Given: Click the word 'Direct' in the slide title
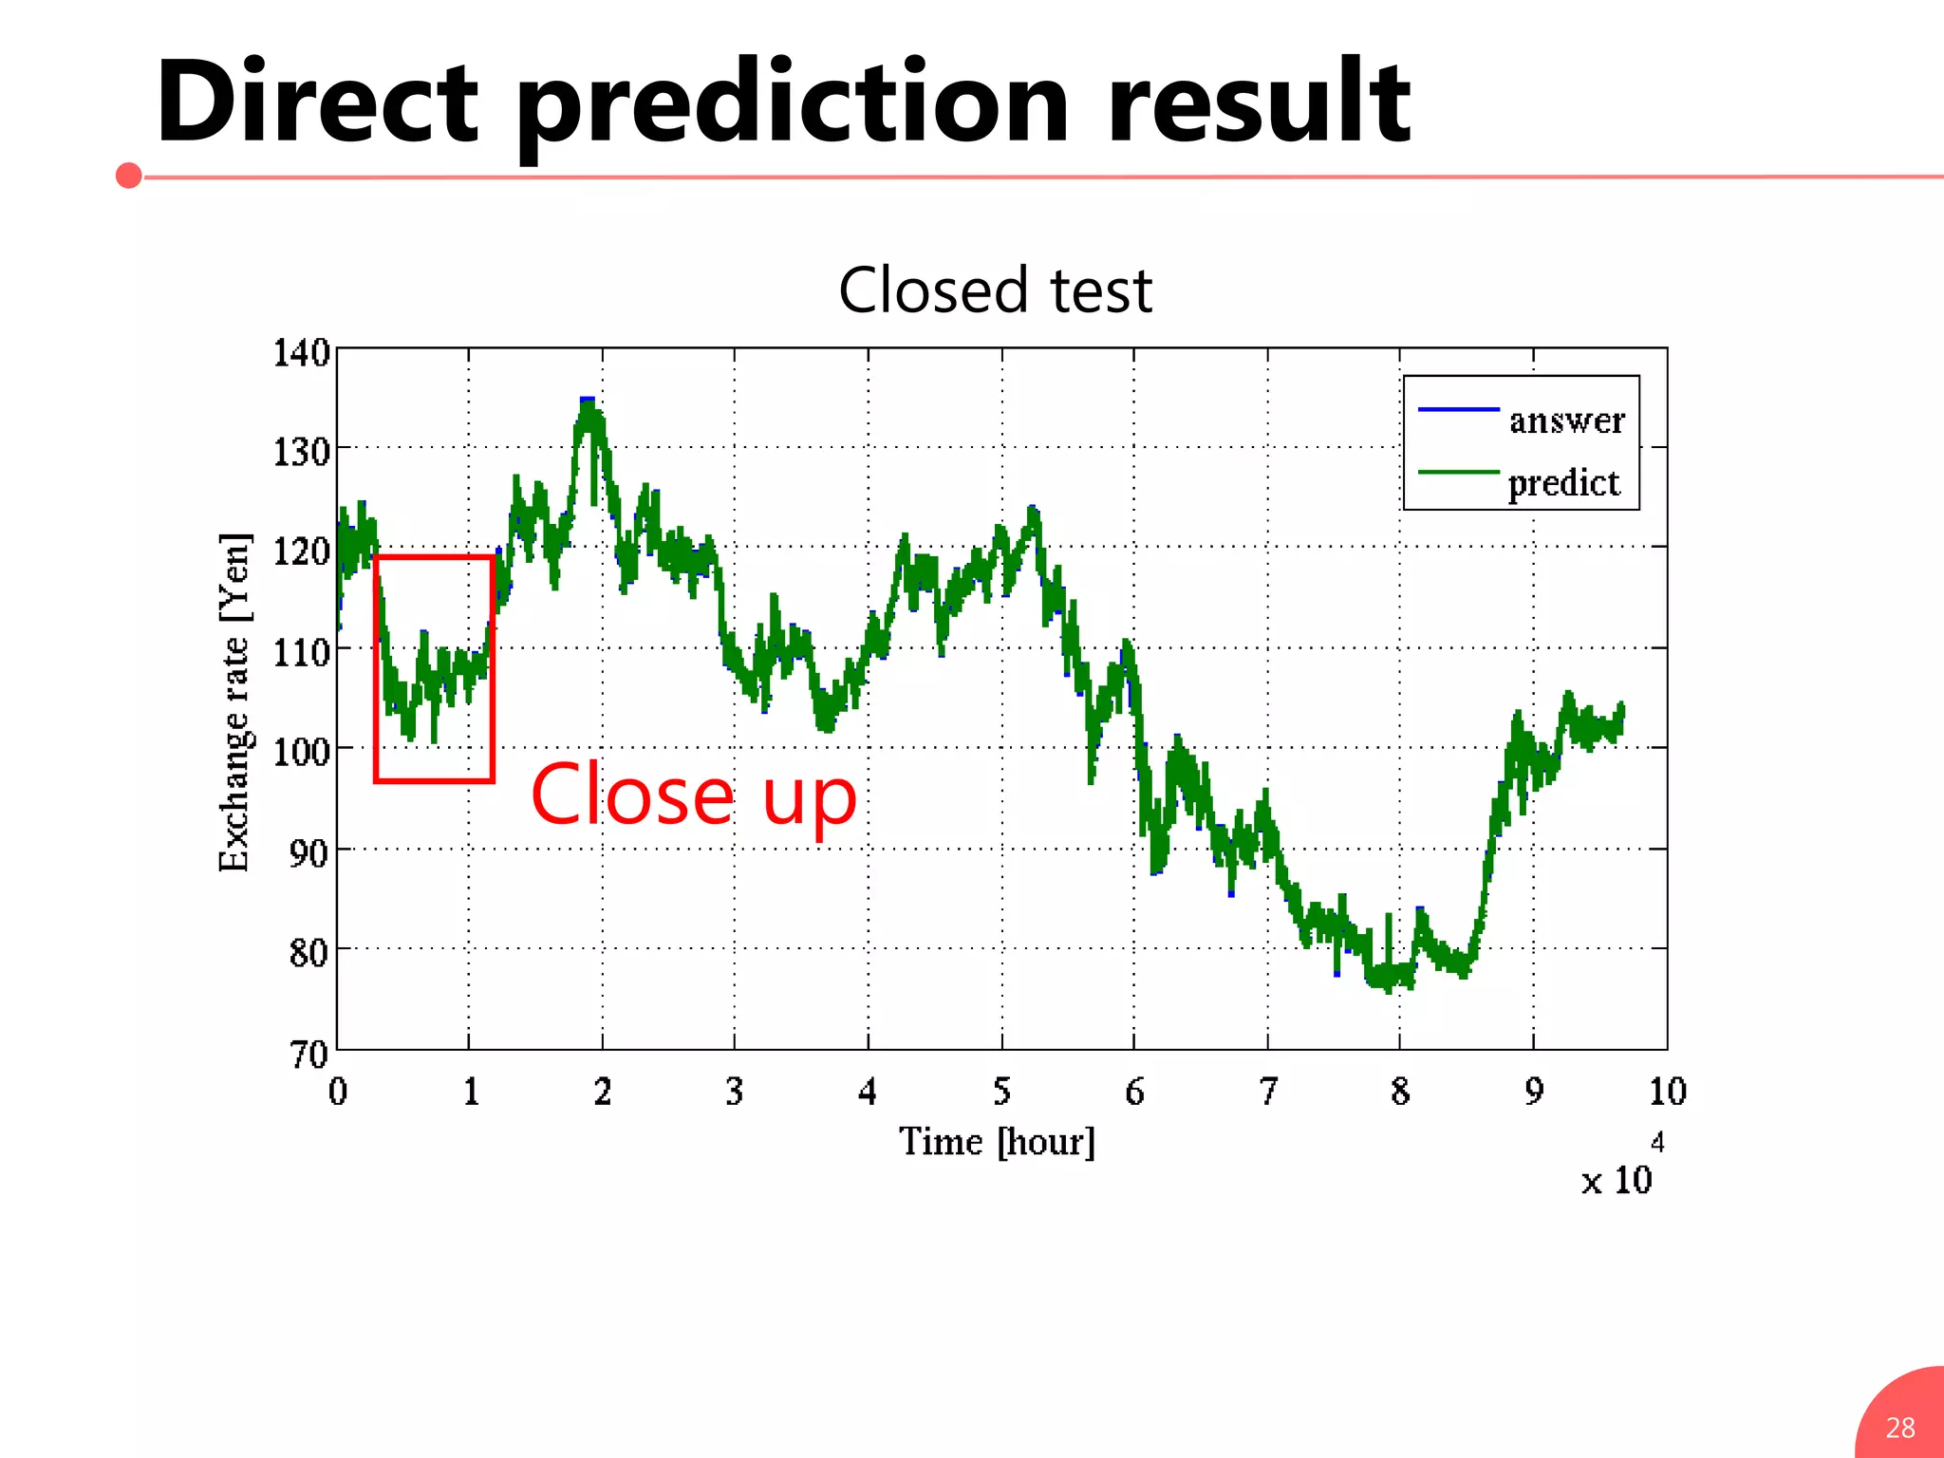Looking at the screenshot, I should [318, 103].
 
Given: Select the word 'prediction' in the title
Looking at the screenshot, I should [793, 106].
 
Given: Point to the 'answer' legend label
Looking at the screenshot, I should [1566, 420].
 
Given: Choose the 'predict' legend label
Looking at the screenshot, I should [1563, 483].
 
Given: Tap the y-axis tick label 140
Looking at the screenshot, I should [301, 353].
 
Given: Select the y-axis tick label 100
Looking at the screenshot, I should [301, 752].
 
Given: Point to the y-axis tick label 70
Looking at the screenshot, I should [308, 1054].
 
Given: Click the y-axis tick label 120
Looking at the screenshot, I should [301, 551].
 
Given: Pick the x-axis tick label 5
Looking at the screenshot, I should [1001, 1092].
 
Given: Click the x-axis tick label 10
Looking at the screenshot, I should [1667, 1092].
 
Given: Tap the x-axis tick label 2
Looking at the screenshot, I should [603, 1092].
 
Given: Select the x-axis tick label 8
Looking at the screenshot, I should [1400, 1092].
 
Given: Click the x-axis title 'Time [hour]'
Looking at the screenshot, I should [997, 1141].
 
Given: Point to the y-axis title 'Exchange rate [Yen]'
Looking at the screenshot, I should [234, 702].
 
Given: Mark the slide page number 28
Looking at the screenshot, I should [1899, 1428].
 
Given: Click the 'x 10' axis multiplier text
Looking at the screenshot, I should [1616, 1181].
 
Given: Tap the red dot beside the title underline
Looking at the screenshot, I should [129, 176].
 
